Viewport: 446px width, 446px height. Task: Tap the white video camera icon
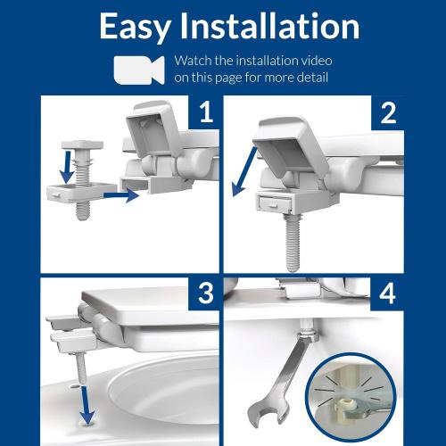tap(138, 70)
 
